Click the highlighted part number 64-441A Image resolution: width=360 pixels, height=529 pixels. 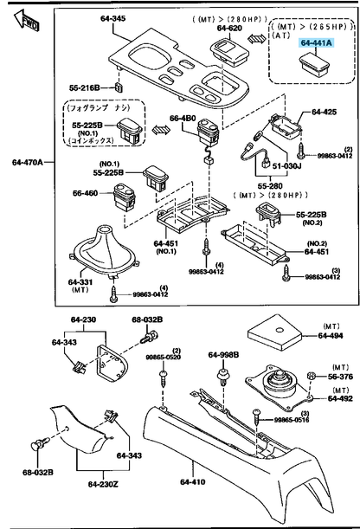[x=315, y=42]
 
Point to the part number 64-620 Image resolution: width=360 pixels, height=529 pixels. [x=229, y=28]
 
